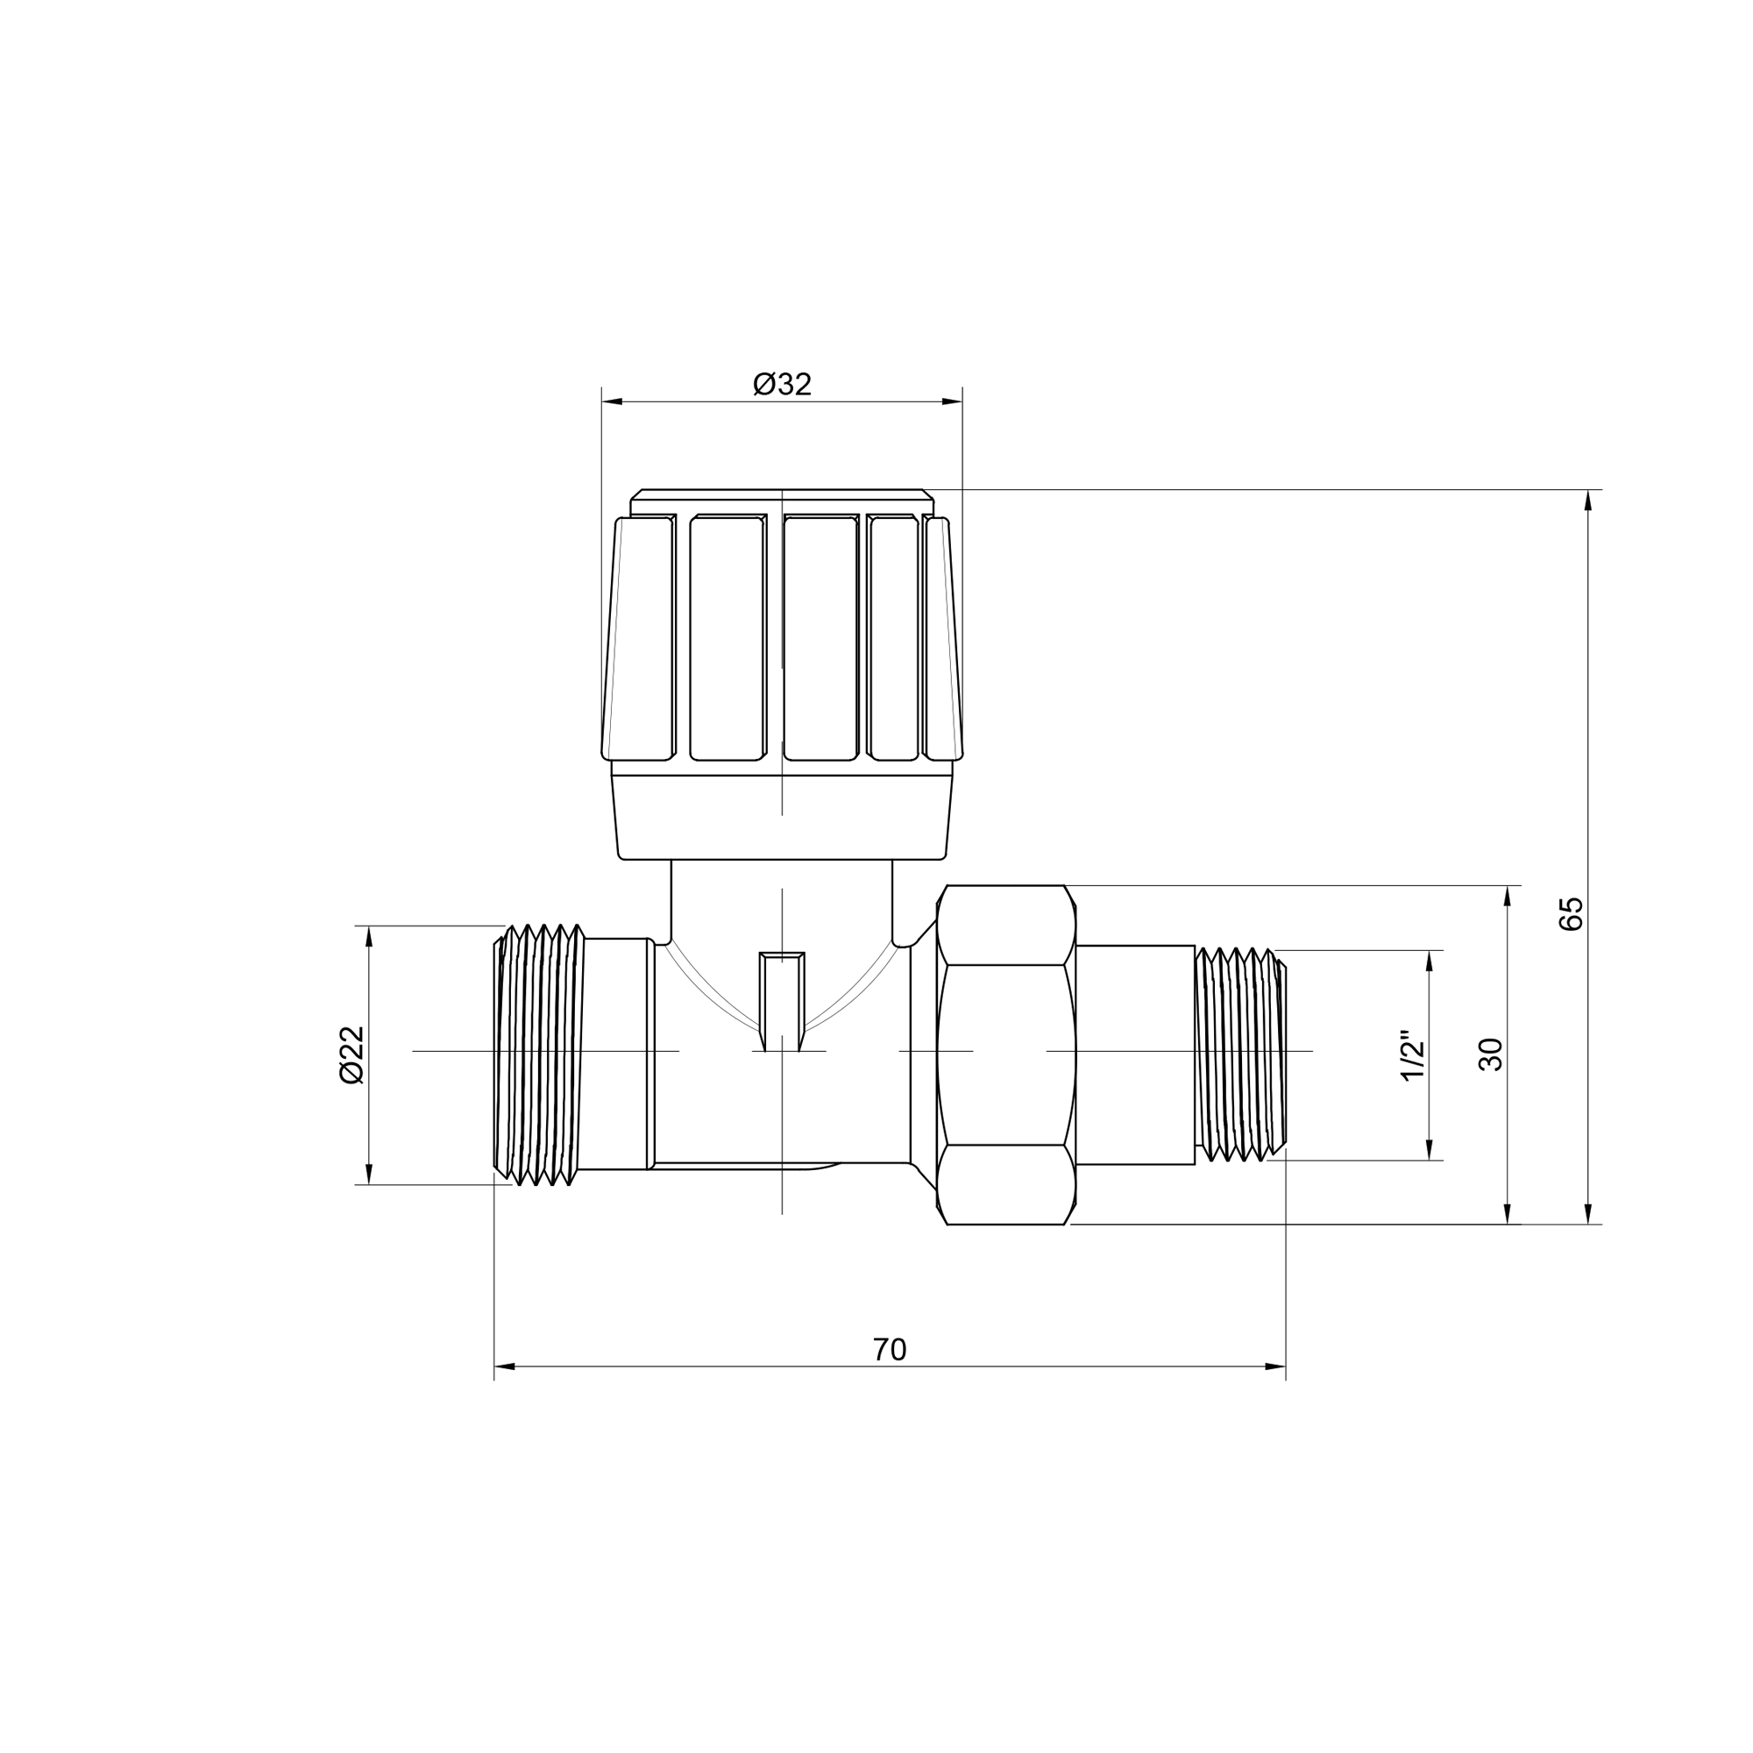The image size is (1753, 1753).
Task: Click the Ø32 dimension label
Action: point(782,385)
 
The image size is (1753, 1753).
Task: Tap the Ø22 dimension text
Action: point(351,1054)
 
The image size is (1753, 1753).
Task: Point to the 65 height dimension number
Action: point(1571,912)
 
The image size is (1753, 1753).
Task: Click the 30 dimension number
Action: point(1491,1054)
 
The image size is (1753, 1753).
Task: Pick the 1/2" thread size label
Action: point(1413,1055)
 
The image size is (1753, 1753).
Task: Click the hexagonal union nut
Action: point(1006,1054)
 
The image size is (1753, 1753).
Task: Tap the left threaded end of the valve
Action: point(538,1054)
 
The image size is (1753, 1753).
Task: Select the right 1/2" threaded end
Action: point(1240,1054)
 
